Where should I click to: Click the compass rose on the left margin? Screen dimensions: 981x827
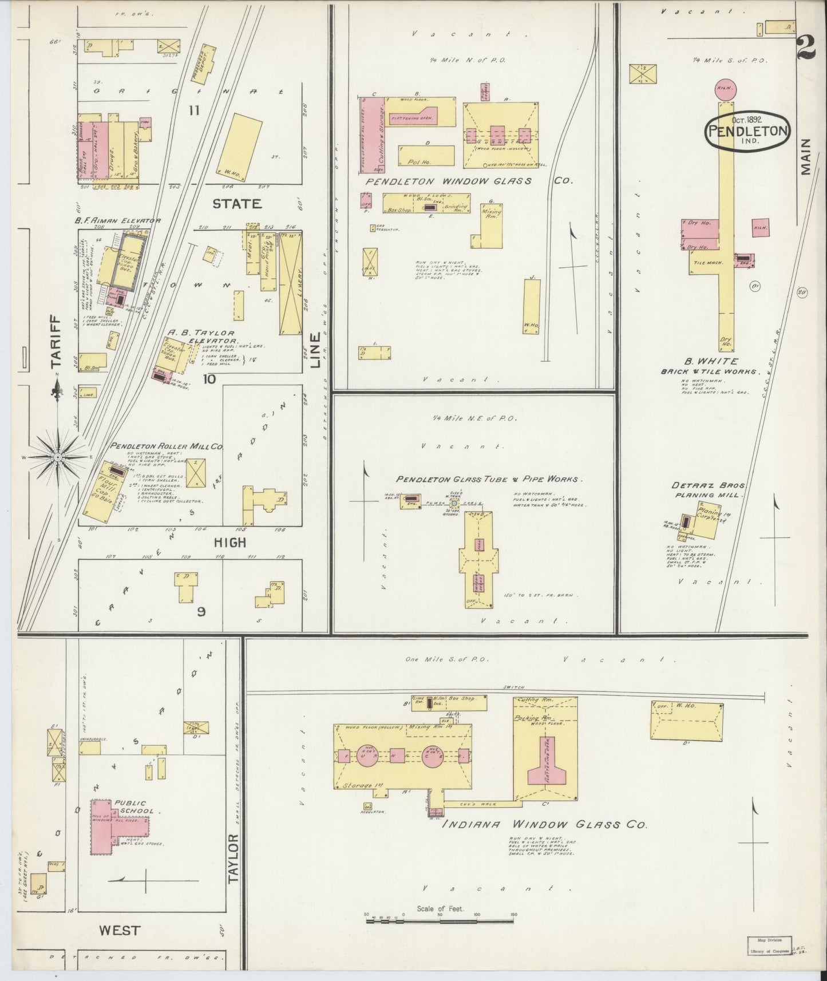coord(58,457)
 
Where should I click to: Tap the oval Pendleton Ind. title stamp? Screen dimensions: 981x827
coord(748,130)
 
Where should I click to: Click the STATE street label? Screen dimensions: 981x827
coord(236,204)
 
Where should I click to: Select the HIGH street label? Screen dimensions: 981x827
coord(229,542)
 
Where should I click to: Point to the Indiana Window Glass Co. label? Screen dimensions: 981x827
coord(544,825)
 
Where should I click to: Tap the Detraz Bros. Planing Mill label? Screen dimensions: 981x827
coord(708,490)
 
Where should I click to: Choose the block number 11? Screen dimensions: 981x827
coord(195,110)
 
